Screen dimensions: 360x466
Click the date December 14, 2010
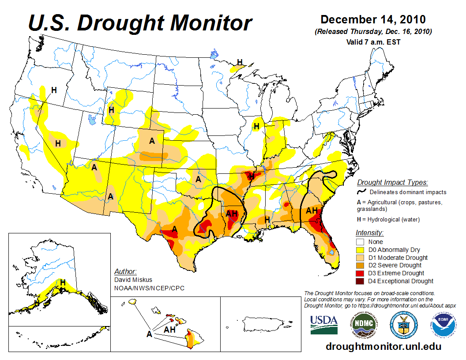pyautogui.click(x=373, y=20)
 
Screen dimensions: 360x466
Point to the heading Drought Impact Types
pyautogui.click(x=392, y=182)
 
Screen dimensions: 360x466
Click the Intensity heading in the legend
pyautogui.click(x=369, y=233)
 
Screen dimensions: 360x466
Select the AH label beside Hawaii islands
pyautogui.click(x=170, y=329)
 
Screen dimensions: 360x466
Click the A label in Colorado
pyautogui.click(x=152, y=141)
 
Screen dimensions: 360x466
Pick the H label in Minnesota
pyautogui.click(x=240, y=62)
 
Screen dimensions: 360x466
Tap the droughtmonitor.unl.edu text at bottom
pyautogui.click(x=383, y=346)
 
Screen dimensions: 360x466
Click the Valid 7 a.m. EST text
pyautogui.click(x=373, y=42)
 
